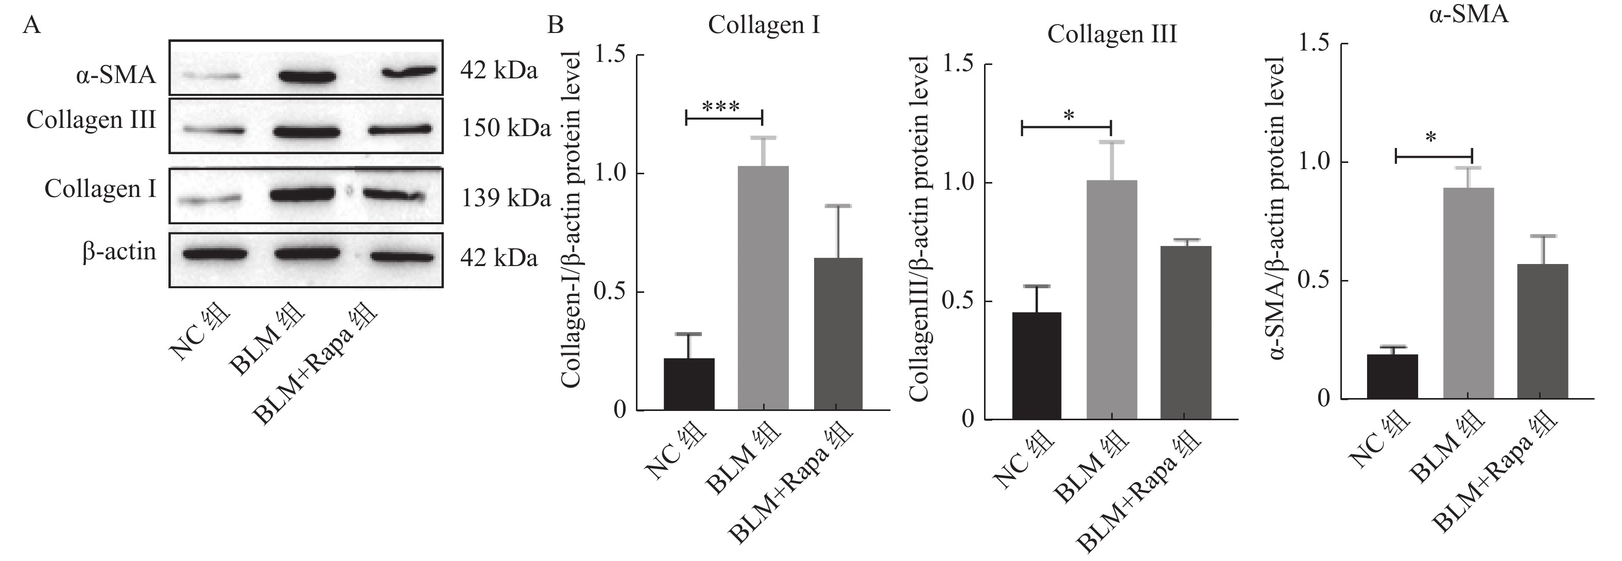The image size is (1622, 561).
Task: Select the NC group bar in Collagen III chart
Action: coord(1037,366)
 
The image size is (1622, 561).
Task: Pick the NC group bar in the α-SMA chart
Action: coord(1392,376)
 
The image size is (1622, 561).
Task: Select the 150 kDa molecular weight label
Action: coord(506,128)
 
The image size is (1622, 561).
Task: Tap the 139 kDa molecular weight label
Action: coord(506,198)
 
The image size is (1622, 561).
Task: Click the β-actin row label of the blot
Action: coord(119,252)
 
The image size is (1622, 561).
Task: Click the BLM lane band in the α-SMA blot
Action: coord(307,77)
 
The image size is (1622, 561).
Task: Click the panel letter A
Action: coord(31,26)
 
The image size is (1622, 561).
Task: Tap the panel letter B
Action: coord(556,25)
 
